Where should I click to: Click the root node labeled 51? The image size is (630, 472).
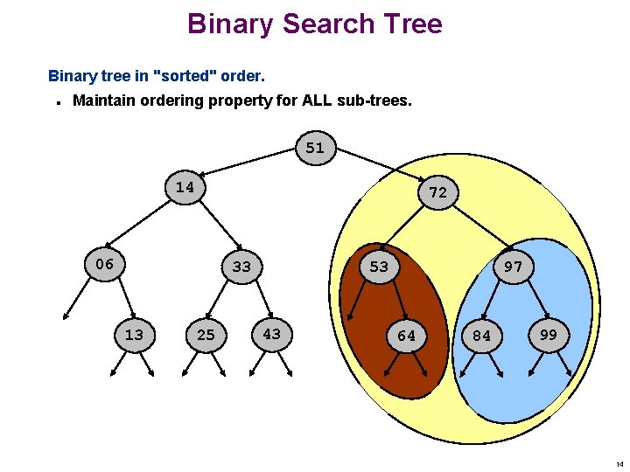[315, 149]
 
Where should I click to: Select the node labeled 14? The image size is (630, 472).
[185, 188]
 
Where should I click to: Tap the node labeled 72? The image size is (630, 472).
[438, 192]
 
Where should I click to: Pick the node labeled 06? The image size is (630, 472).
[104, 264]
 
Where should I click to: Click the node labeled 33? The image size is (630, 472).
[241, 267]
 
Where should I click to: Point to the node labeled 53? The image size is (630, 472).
[379, 267]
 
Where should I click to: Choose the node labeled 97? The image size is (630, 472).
[514, 267]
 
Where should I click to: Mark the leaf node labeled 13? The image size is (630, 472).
[134, 335]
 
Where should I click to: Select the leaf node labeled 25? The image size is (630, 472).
[206, 335]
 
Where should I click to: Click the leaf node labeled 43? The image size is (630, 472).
[272, 333]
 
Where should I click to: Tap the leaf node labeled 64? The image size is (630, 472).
[407, 336]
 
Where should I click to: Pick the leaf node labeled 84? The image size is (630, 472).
[482, 336]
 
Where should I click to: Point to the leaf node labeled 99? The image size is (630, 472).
[549, 335]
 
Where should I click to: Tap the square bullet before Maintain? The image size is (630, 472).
[56, 102]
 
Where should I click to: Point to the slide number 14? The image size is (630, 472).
[619, 464]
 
